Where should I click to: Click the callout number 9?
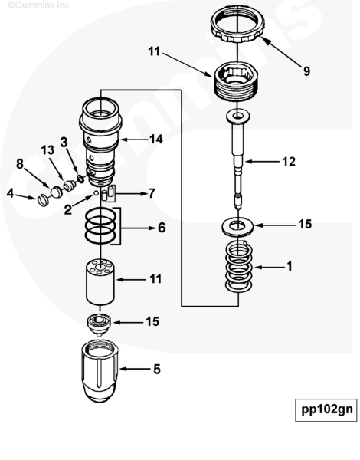click(306, 71)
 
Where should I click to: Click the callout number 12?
click(289, 162)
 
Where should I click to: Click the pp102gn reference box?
click(326, 410)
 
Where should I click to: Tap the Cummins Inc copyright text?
click(38, 5)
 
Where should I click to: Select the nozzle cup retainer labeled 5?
click(100, 371)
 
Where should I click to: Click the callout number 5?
click(157, 369)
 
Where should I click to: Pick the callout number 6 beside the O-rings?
click(162, 228)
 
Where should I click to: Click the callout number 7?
click(152, 193)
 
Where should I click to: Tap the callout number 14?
click(156, 140)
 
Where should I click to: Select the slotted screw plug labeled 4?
click(43, 200)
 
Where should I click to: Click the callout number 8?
click(20, 164)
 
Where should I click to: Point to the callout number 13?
click(47, 150)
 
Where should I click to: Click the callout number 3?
click(64, 143)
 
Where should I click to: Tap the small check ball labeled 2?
click(96, 193)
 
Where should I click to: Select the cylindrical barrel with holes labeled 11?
click(100, 281)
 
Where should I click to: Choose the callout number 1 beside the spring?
click(290, 266)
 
